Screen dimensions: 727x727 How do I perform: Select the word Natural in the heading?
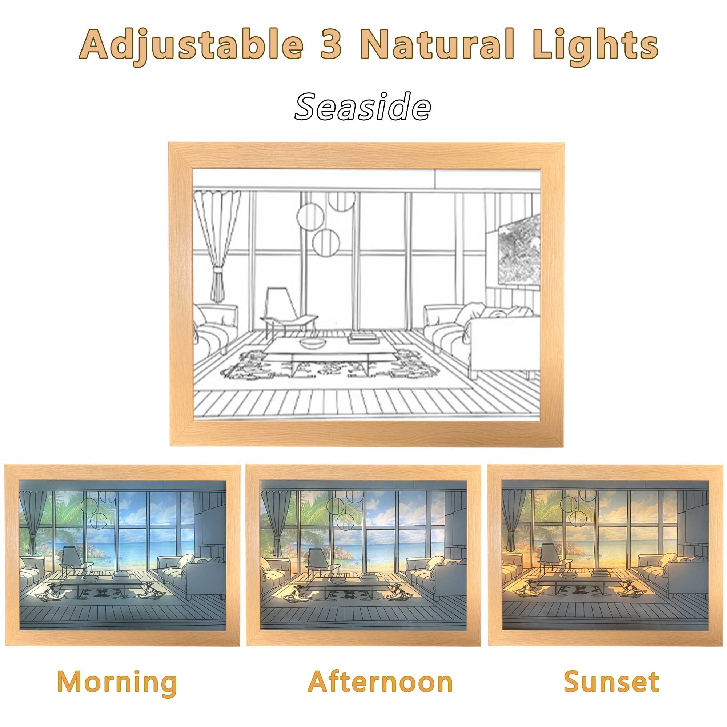tap(439, 44)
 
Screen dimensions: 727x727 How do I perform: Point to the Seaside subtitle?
tap(363, 107)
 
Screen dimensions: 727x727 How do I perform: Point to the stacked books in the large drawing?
tap(363, 338)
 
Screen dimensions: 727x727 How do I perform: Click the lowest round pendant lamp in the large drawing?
tap(326, 242)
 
